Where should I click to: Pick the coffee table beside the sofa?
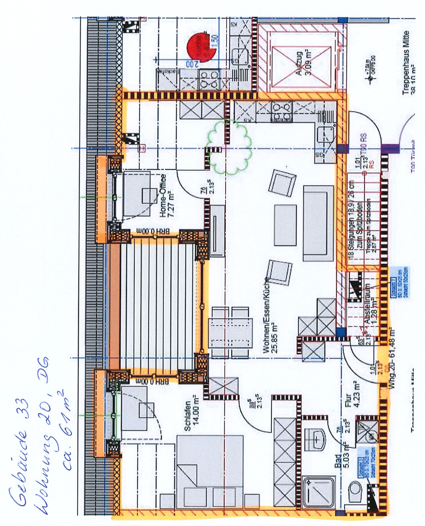point(285,225)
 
